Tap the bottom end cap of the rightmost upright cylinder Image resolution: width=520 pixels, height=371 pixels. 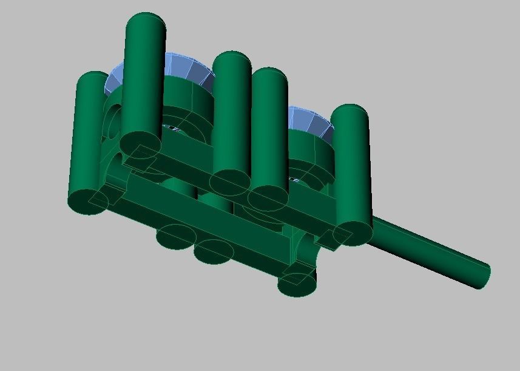point(351,233)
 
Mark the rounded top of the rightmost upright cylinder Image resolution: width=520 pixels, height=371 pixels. point(351,113)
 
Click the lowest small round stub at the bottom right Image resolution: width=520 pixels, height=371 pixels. point(297,283)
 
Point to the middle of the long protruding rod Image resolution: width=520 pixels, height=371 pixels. point(431,250)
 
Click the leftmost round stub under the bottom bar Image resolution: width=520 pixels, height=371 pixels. point(176,236)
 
